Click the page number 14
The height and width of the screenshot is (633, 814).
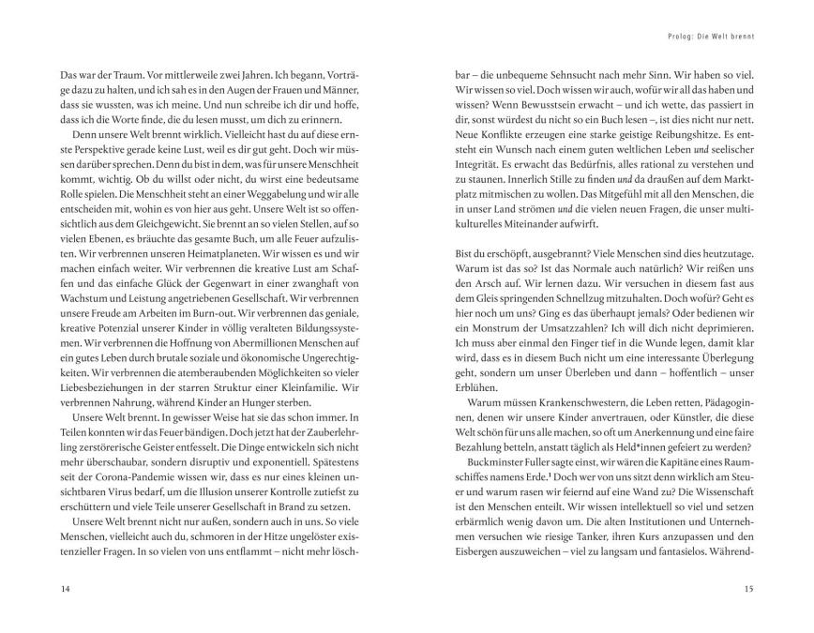point(37,587)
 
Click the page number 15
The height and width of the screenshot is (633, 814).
point(748,587)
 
